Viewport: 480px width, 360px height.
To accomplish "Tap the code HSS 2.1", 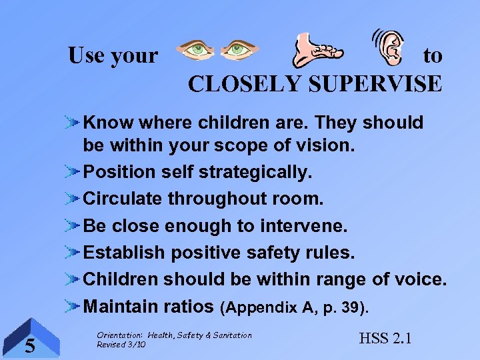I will click(385, 338).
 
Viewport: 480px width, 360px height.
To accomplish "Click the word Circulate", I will click(123, 199).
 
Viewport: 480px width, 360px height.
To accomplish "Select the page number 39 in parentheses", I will click(347, 307).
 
